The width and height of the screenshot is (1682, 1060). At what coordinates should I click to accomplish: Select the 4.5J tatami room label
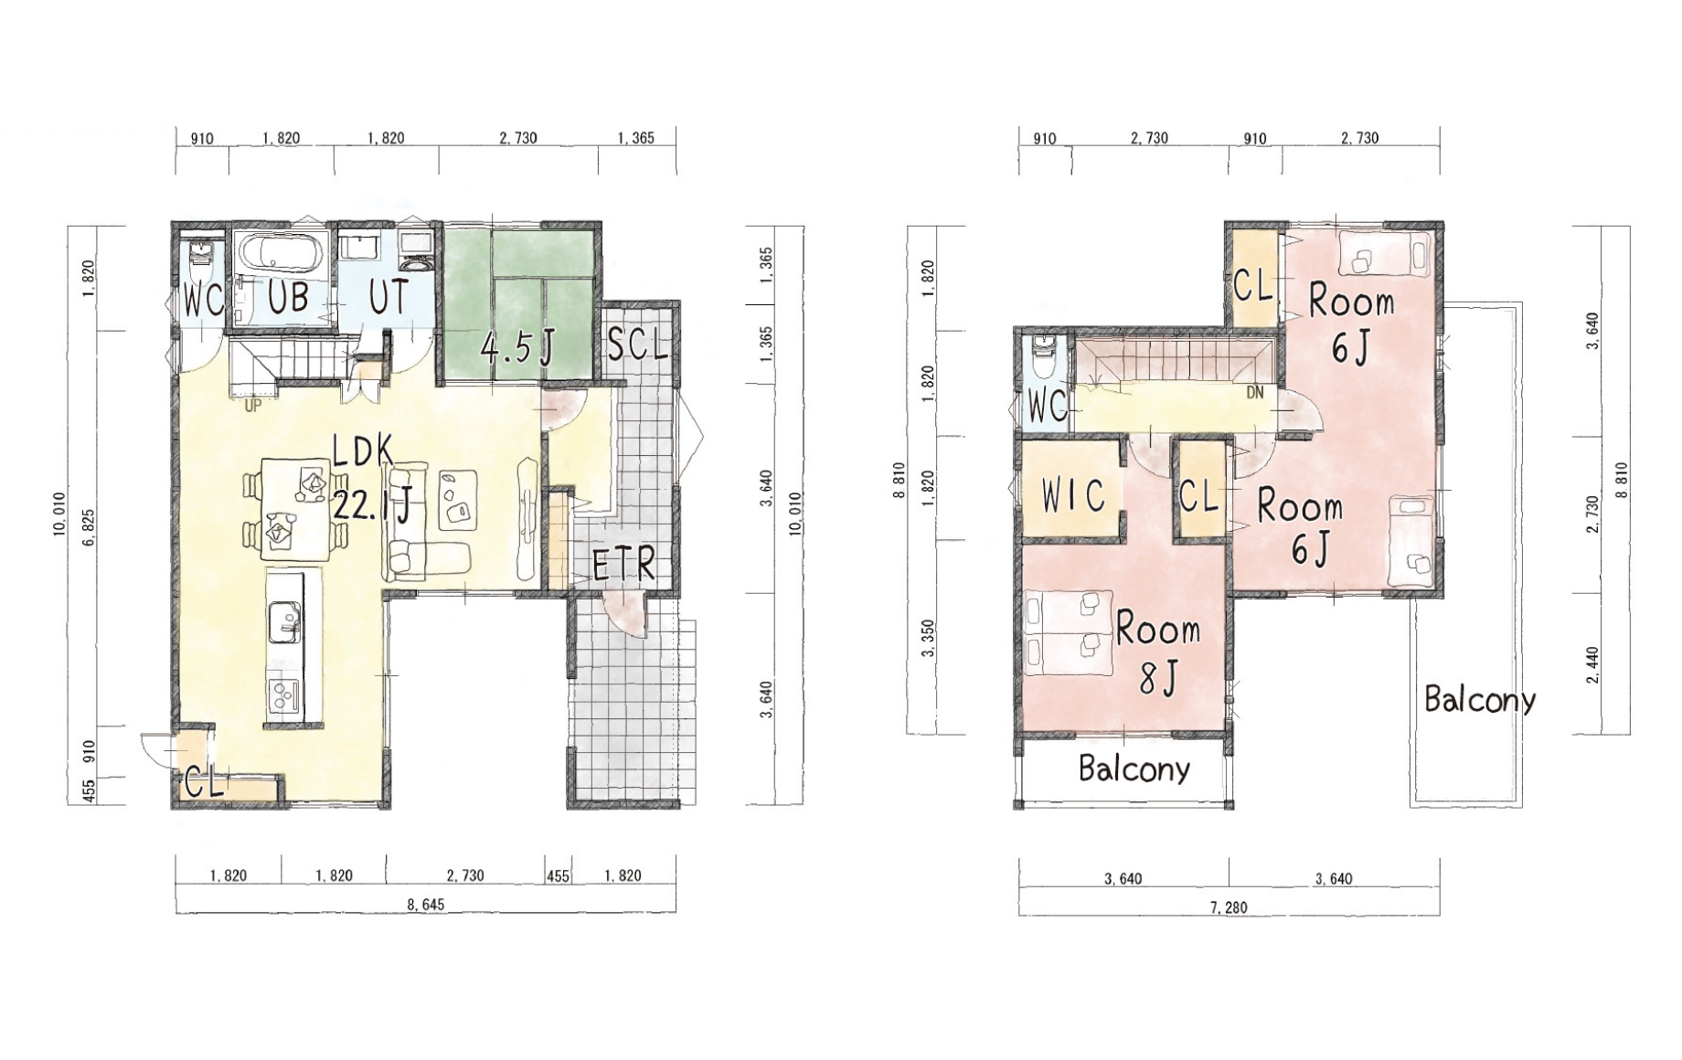click(518, 348)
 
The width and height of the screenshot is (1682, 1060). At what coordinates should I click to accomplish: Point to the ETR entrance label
click(624, 566)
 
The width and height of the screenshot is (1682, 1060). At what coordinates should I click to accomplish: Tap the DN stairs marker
click(1255, 393)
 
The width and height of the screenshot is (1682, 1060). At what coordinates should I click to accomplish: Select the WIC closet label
click(1073, 495)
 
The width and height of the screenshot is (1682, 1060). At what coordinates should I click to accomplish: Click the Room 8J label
click(1158, 652)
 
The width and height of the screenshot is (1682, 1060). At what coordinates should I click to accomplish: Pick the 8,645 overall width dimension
click(426, 905)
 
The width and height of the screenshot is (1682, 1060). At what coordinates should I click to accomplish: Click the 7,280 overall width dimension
click(1230, 907)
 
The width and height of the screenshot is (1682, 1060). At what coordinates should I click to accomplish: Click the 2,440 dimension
click(1593, 666)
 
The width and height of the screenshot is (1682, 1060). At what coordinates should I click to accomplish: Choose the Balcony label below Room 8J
click(1134, 768)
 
